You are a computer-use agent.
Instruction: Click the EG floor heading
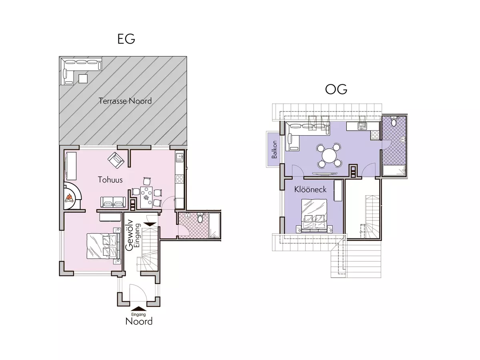click(126, 39)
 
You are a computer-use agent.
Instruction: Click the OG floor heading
click(336, 90)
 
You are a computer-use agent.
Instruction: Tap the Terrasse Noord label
click(125, 101)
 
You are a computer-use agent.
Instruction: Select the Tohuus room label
click(110, 180)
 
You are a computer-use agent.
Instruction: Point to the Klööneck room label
click(310, 189)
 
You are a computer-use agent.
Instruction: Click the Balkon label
click(274, 150)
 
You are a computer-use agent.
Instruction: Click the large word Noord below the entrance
click(139, 321)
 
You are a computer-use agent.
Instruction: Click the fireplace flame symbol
click(70, 198)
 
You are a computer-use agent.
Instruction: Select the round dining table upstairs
click(329, 155)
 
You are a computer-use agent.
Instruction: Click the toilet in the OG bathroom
click(394, 122)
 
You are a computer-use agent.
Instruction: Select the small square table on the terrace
click(83, 78)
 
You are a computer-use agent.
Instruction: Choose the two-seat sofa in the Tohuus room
click(112, 202)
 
